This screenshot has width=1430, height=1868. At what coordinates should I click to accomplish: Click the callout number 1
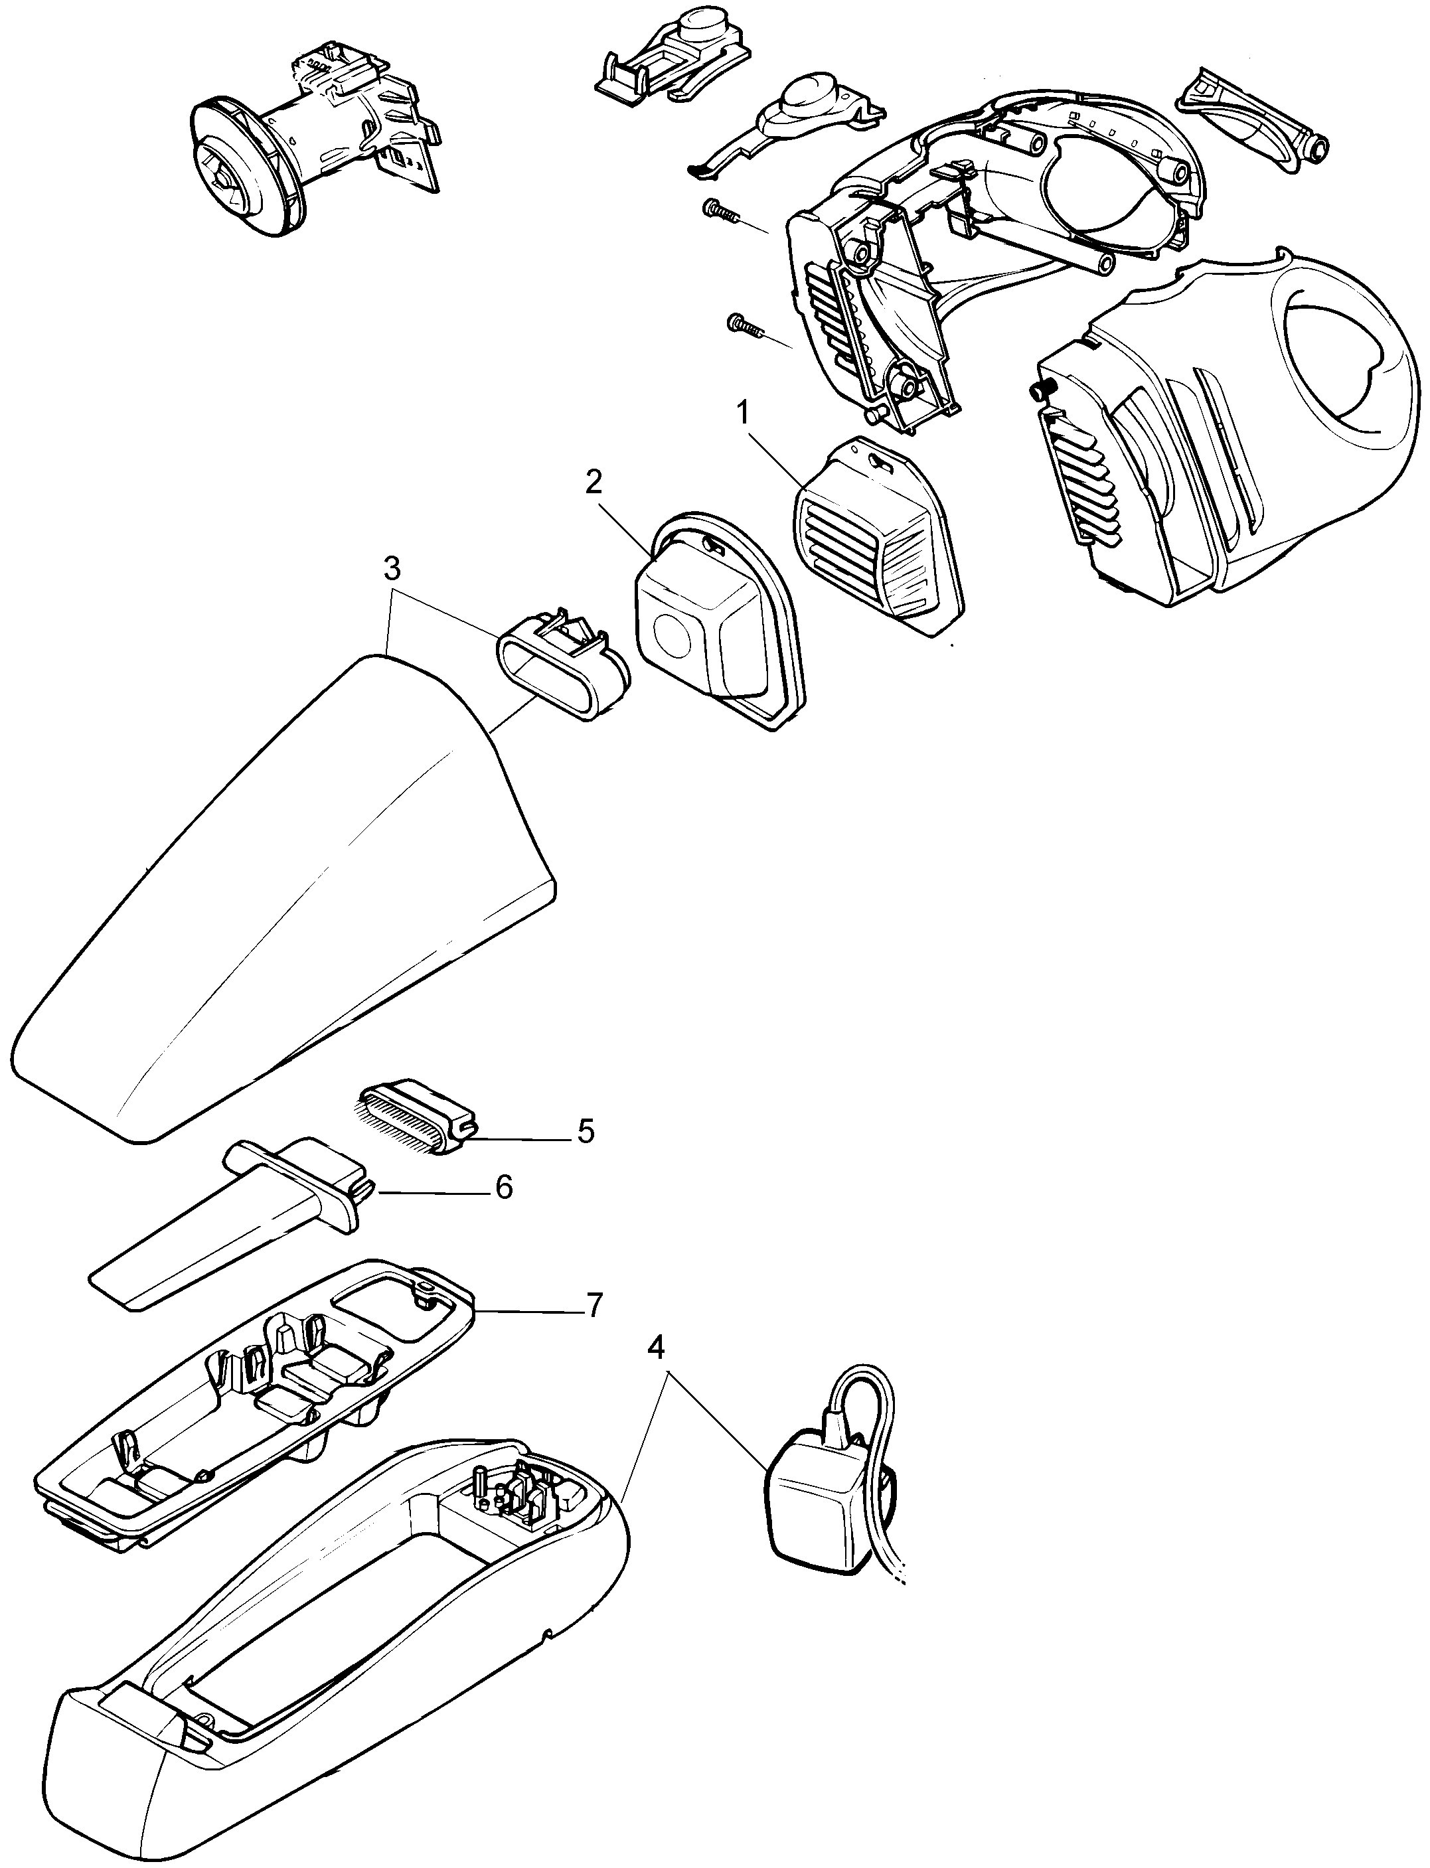pyautogui.click(x=743, y=414)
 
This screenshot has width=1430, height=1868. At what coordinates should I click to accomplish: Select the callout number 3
pyautogui.click(x=392, y=570)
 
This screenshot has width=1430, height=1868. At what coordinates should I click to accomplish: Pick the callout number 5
pyautogui.click(x=585, y=1131)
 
